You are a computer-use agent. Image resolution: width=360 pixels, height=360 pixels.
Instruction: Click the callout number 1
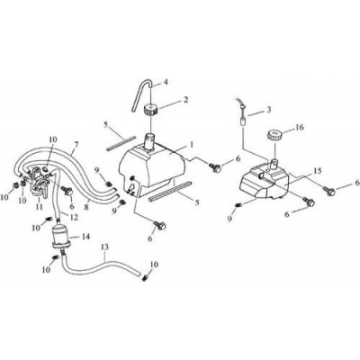click(191, 145)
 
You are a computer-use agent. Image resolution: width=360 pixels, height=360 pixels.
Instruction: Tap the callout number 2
click(186, 100)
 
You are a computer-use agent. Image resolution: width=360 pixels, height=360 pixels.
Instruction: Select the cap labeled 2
click(148, 111)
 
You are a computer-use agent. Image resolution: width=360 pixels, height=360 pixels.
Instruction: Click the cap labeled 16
click(274, 135)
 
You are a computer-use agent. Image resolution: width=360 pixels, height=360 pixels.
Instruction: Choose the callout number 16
click(299, 127)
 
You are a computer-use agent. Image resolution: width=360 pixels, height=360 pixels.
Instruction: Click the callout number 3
click(269, 110)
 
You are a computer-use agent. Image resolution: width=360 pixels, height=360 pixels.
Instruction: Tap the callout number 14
click(85, 237)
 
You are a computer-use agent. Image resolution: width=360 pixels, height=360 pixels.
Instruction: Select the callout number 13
click(104, 247)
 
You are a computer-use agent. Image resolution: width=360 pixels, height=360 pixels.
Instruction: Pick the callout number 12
click(74, 217)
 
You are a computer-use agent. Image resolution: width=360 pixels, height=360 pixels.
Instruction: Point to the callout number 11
click(39, 207)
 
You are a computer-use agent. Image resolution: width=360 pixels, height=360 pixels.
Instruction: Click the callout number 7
click(76, 145)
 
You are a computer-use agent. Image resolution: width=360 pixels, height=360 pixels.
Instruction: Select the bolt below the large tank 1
click(160, 225)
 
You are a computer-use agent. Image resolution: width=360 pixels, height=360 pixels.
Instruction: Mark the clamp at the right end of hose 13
click(145, 278)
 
